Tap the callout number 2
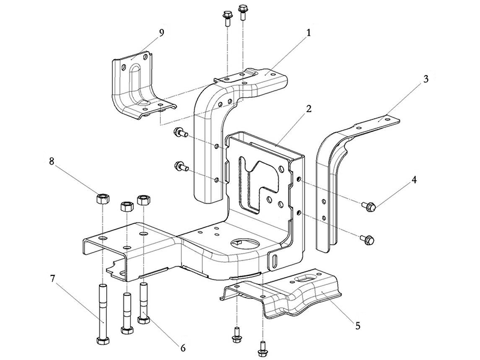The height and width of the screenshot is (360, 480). [x=308, y=109]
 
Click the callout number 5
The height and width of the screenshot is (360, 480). [x=358, y=326]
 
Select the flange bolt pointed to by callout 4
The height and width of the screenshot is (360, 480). [x=368, y=207]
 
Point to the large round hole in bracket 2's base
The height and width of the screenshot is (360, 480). [x=244, y=243]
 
